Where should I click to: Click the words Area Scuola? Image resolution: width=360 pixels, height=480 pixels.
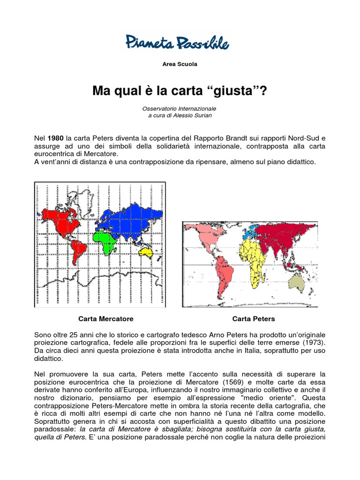180,64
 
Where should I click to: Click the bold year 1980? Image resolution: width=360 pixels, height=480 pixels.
55,138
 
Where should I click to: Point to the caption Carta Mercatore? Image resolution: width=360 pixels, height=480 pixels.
106,319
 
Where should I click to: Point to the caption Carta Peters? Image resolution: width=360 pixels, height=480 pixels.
254,319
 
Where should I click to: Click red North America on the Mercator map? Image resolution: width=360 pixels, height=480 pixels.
59,220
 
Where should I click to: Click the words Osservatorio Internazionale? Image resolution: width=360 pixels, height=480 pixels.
180,108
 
